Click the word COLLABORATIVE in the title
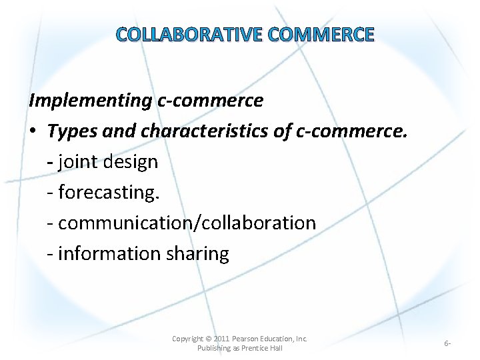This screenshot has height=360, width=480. pos(177,35)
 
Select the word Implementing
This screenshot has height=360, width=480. pos(90,101)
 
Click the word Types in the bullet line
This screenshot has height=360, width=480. pos(73,131)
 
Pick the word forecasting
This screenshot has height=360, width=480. pos(107,193)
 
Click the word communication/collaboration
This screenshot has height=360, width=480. pos(187,223)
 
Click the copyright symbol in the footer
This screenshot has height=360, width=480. pos(209,339)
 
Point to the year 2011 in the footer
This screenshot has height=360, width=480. pos(221,339)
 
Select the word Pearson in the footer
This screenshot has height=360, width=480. pos(247,339)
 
